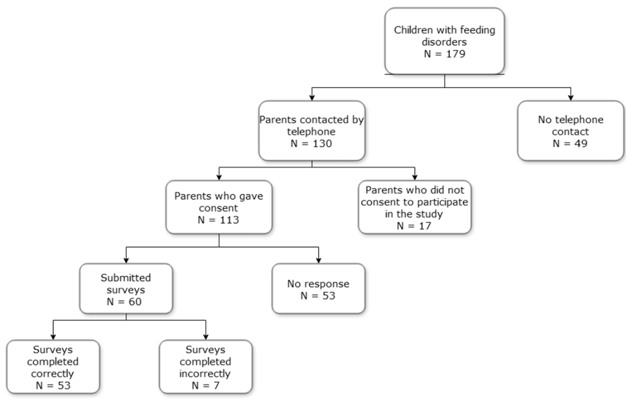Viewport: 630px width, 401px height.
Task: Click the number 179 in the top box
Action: pyautogui.click(x=456, y=54)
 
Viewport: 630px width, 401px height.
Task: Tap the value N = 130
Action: pyautogui.click(x=311, y=143)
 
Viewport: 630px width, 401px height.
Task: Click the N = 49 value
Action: pyautogui.click(x=570, y=143)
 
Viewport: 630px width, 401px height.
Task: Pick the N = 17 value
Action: pyautogui.click(x=414, y=226)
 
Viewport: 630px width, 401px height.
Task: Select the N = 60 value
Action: pyautogui.click(x=124, y=302)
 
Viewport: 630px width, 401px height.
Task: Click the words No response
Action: pyautogui.click(x=318, y=284)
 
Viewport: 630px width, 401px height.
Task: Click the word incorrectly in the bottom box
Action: pyautogui.click(x=205, y=374)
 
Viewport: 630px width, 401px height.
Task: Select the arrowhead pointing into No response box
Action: pyautogui.click(x=319, y=261)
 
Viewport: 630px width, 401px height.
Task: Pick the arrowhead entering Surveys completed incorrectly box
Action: pyautogui.click(x=206, y=337)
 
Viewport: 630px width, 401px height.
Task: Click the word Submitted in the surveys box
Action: pyautogui.click(x=126, y=278)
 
